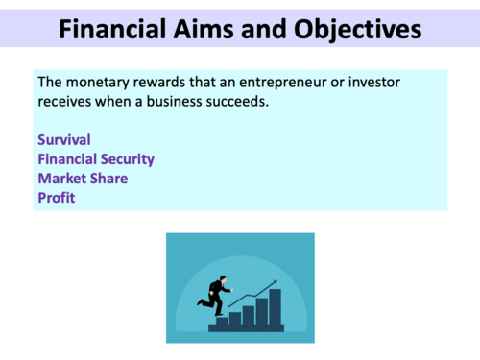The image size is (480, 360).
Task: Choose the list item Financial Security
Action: [x=96, y=159]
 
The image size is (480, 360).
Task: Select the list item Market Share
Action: [x=83, y=179]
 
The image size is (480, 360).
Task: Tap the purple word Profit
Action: [x=56, y=198]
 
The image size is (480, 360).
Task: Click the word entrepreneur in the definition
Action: [x=261, y=83]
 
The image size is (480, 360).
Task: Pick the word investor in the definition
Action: [x=372, y=83]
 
